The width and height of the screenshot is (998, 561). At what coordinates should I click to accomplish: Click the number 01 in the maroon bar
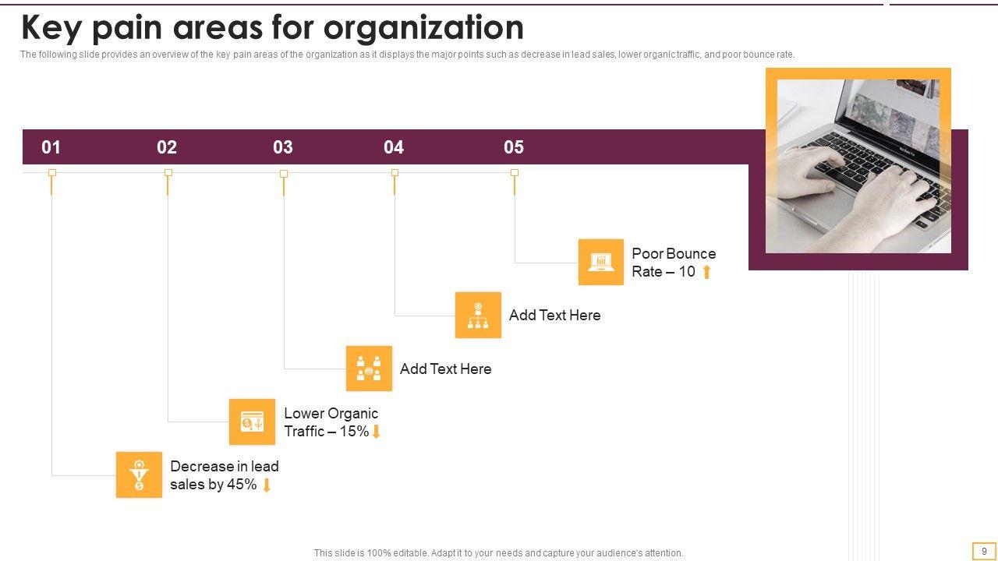pyautogui.click(x=51, y=147)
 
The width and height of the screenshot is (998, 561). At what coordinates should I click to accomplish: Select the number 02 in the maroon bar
pyautogui.click(x=167, y=147)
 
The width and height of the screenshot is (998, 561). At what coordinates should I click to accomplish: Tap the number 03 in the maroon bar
pyautogui.click(x=283, y=147)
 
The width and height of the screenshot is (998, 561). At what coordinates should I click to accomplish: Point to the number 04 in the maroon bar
pyautogui.click(x=394, y=147)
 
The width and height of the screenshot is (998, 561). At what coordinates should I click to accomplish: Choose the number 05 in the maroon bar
pyautogui.click(x=514, y=147)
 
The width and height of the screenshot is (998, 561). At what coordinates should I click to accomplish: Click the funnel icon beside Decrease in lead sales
pyautogui.click(x=139, y=475)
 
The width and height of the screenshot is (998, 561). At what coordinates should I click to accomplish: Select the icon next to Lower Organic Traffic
pyautogui.click(x=252, y=422)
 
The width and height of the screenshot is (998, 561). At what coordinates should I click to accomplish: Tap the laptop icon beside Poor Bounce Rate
pyautogui.click(x=601, y=262)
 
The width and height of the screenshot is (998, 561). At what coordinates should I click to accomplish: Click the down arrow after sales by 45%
pyautogui.click(x=267, y=485)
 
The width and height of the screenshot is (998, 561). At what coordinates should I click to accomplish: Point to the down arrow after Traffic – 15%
pyautogui.click(x=376, y=432)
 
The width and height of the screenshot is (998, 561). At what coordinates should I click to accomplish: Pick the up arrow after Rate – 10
pyautogui.click(x=706, y=272)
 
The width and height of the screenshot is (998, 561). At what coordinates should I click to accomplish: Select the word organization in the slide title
pyautogui.click(x=423, y=28)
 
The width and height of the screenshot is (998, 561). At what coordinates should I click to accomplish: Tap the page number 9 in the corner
pyautogui.click(x=984, y=551)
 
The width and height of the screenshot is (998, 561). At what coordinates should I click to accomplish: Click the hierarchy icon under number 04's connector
pyautogui.click(x=478, y=315)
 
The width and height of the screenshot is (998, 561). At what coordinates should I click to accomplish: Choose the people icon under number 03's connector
pyautogui.click(x=369, y=369)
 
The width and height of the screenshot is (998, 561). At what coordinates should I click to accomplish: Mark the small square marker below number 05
pyautogui.click(x=515, y=173)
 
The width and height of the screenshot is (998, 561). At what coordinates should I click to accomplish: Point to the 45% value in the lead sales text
pyautogui.click(x=241, y=485)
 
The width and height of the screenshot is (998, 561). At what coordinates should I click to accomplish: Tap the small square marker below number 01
pyautogui.click(x=52, y=173)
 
